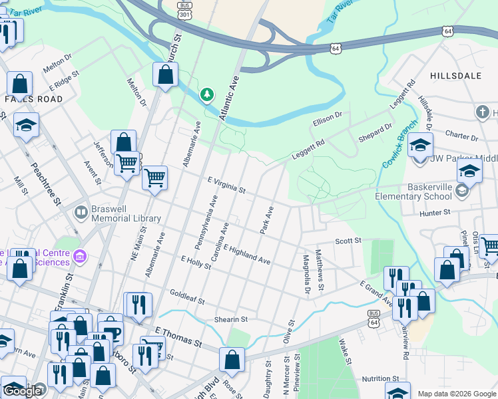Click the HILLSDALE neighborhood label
click(x=455, y=76)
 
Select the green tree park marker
click(x=208, y=96)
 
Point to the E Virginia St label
click(x=226, y=185)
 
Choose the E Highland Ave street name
click(x=247, y=255)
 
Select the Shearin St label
click(x=231, y=319)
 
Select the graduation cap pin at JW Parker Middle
click(x=420, y=144)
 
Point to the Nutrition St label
click(x=381, y=379)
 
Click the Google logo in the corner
click(x=21, y=391)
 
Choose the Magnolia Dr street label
click(x=306, y=273)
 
